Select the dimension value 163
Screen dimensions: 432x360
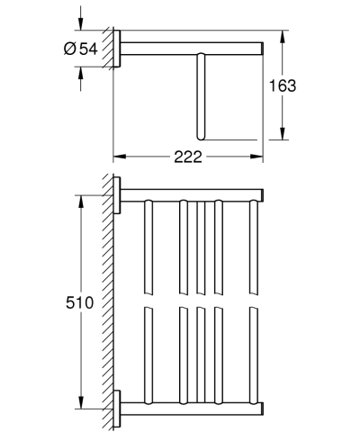(283, 85)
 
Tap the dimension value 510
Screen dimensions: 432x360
(82, 302)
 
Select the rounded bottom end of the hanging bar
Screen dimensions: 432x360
(201, 137)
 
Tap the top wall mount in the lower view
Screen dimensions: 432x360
(116, 195)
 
